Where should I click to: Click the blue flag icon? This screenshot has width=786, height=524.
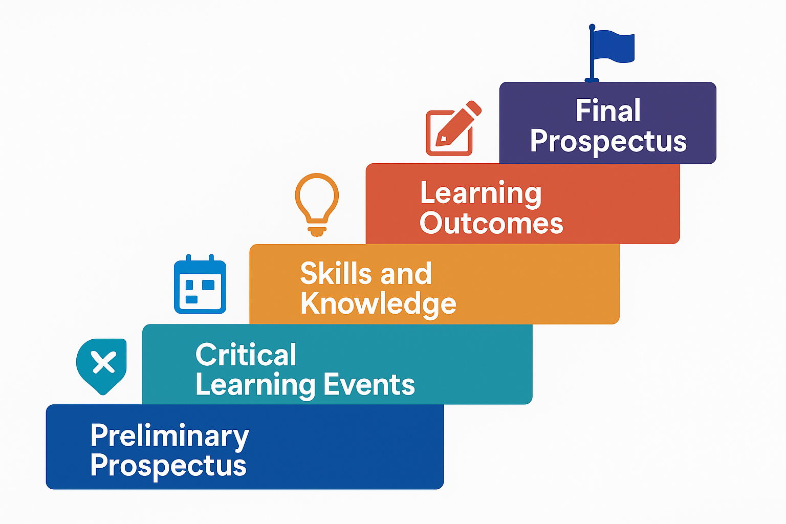(x=609, y=53)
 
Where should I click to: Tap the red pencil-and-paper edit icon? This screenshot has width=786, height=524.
(x=453, y=128)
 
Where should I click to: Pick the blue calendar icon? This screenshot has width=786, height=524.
(x=200, y=284)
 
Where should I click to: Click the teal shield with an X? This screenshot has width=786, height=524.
(x=101, y=366)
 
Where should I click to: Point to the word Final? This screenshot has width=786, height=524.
(x=608, y=111)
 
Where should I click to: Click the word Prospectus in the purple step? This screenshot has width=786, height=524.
(x=608, y=141)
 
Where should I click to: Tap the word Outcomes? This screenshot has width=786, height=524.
(x=491, y=223)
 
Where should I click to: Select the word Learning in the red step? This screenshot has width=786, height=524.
(x=481, y=194)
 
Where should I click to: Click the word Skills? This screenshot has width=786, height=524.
(x=336, y=273)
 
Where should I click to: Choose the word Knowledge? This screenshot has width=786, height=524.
(x=378, y=304)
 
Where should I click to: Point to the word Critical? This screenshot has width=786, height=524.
(x=246, y=355)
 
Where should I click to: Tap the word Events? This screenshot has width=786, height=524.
(x=369, y=385)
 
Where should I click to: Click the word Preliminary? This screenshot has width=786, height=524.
(x=170, y=436)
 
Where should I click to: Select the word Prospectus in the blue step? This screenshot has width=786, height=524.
(x=168, y=466)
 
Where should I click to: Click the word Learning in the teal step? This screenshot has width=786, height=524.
(x=255, y=386)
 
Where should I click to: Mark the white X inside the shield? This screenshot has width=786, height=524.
(x=103, y=362)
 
